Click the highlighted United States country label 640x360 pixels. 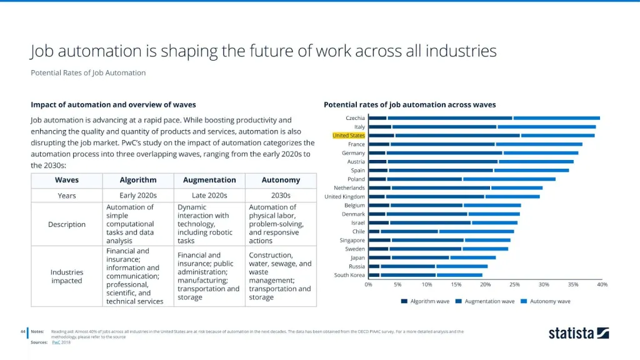(349, 136)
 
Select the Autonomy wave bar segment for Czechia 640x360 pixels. (556, 118)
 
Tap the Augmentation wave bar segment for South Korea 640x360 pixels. (408, 275)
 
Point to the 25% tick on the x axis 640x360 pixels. (514, 285)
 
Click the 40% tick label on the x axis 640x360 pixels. (602, 285)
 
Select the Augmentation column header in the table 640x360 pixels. (209, 180)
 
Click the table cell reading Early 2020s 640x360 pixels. (138, 196)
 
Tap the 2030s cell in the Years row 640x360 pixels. (281, 196)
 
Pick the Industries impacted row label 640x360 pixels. (67, 276)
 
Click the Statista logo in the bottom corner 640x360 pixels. (578, 333)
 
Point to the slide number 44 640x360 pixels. (22, 331)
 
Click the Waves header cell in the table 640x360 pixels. (67, 180)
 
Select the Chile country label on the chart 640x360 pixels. (358, 231)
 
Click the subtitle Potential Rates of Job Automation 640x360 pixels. (88, 72)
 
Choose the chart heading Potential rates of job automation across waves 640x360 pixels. (409, 104)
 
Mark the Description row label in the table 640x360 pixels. (67, 224)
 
